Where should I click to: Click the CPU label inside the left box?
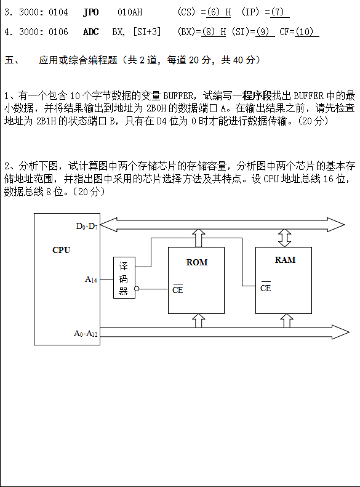(61, 250)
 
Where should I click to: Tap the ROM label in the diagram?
(197, 262)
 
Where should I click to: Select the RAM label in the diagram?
(285, 260)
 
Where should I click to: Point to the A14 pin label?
(91, 280)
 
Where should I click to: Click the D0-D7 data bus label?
(87, 227)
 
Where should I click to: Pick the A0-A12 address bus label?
(86, 334)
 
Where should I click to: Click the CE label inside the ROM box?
(177, 289)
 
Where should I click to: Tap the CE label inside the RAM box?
(266, 288)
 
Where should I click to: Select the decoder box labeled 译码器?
(124, 278)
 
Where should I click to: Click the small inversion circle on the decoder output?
(137, 289)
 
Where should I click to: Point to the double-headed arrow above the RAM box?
(284, 238)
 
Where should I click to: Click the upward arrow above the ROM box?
(199, 238)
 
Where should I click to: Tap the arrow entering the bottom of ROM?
(199, 321)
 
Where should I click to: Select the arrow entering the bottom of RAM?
(287, 321)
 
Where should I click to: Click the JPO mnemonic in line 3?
(91, 12)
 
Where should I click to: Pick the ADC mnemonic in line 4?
(91, 31)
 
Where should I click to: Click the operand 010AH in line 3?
(130, 12)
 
